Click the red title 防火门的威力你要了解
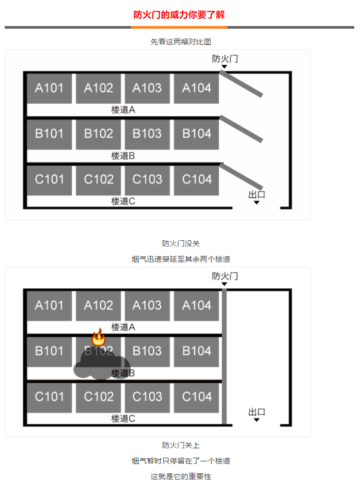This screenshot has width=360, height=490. point(179,15)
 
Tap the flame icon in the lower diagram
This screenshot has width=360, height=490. point(98,337)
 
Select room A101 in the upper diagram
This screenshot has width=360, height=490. point(50,89)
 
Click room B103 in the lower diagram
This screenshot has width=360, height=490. point(147,351)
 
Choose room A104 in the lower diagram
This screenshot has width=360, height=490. point(196,305)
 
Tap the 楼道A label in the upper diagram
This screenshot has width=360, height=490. point(123,109)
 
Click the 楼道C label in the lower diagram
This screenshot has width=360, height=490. point(123,419)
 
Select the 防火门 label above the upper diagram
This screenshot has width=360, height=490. point(225,58)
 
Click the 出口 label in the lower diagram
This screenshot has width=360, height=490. point(257,412)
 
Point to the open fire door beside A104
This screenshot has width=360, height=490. point(241,83)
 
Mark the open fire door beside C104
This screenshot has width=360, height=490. point(241,176)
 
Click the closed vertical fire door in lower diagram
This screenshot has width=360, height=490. point(224,357)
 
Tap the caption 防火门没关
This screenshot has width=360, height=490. point(181,243)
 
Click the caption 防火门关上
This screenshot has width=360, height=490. point(181,445)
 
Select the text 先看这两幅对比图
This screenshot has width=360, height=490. point(181,42)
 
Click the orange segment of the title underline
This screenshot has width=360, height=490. point(179,28)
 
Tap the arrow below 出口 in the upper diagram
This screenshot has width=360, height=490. point(257,203)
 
